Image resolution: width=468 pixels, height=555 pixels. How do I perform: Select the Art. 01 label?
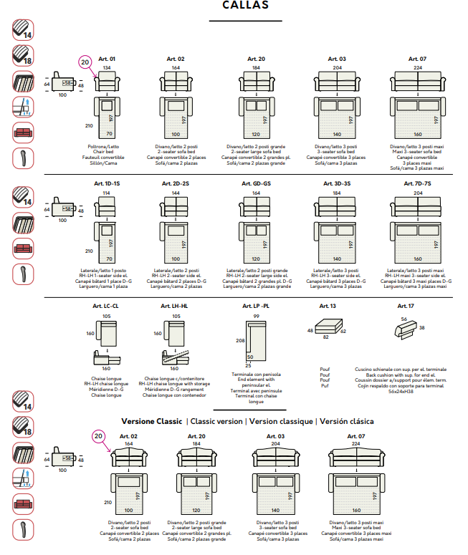pos(107,59)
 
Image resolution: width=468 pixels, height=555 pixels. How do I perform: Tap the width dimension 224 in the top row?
pos(418,68)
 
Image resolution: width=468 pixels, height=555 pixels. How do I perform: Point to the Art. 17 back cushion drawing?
pos(410,330)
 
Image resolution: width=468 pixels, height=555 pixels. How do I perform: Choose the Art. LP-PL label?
pos(256,306)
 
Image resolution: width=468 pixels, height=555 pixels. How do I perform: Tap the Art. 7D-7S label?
pos(418,184)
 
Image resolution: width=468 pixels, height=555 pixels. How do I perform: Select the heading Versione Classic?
pos(152,422)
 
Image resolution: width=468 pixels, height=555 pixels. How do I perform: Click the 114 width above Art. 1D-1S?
pos(107,193)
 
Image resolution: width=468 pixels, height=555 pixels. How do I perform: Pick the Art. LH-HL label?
pos(174,306)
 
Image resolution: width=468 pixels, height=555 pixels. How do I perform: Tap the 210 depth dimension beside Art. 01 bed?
pos(90,125)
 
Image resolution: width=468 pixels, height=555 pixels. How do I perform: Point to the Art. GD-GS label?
pos(257,184)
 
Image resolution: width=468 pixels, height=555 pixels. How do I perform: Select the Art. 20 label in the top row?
pos(257,59)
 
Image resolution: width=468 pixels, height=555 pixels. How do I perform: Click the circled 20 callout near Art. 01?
pos(85,62)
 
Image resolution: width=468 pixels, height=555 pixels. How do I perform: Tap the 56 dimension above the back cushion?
pos(404,319)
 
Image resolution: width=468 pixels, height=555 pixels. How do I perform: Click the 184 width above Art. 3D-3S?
pos(337,193)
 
